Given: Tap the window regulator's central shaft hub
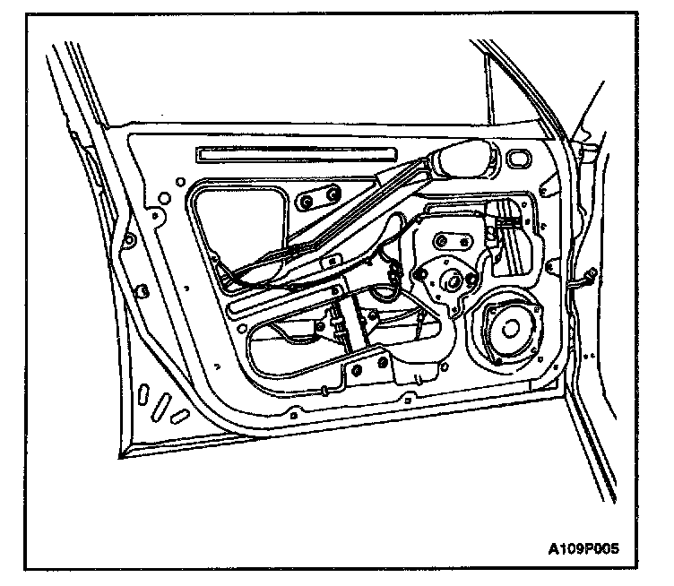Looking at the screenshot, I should click(451, 280).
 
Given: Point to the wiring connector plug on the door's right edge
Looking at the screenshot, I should click(588, 280).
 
